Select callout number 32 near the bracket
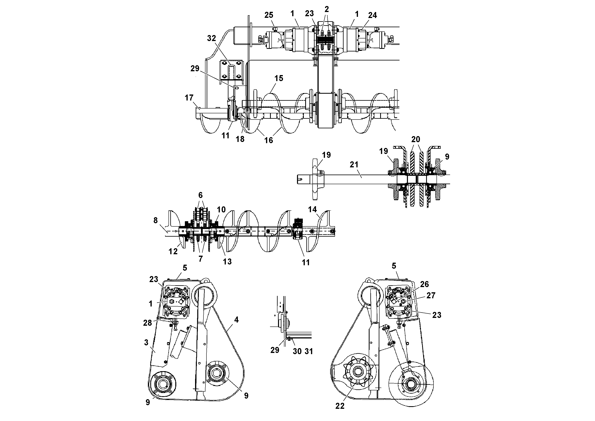click(211, 38)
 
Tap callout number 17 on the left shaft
click(189, 98)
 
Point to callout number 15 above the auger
click(279, 78)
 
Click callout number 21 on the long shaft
click(354, 165)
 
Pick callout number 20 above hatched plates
click(415, 139)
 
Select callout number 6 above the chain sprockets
click(200, 195)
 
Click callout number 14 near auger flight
click(312, 209)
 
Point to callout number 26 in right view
click(425, 284)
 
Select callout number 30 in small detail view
click(297, 351)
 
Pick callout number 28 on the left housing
click(148, 323)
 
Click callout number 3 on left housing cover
click(146, 342)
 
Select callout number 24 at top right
click(372, 15)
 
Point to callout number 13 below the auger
click(227, 261)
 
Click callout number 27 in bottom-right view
click(431, 295)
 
